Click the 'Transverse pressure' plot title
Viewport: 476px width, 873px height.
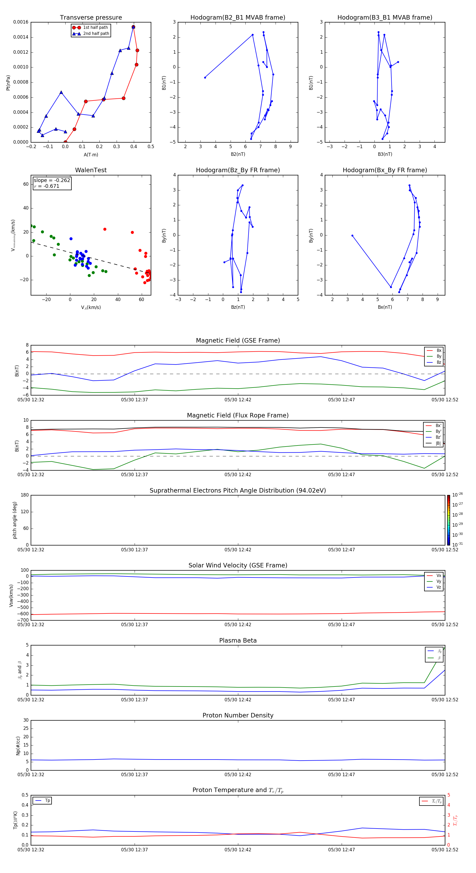(91, 18)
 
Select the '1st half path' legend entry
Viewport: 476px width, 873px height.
(95, 28)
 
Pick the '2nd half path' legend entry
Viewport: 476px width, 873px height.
(96, 34)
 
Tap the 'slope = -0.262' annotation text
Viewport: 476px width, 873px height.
(52, 180)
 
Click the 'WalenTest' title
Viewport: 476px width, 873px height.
(91, 170)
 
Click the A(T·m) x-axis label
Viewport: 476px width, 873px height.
(91, 154)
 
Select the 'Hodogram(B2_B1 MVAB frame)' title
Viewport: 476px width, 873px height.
(237, 18)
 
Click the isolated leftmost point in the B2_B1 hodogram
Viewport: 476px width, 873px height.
(205, 78)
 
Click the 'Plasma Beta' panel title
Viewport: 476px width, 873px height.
(238, 640)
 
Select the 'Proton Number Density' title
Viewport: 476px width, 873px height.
(238, 715)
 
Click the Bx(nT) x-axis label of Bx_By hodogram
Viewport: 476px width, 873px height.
(385, 307)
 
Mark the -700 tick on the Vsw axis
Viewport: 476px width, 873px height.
(23, 620)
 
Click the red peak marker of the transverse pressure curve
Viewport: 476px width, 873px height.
(134, 27)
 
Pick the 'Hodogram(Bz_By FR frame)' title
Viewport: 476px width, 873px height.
(237, 170)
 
